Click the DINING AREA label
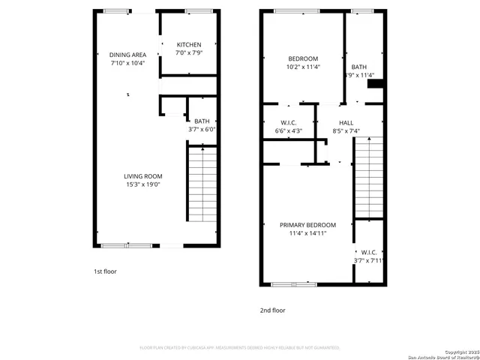coord(127,55)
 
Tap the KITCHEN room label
coord(188,45)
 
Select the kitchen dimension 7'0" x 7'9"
coord(188,53)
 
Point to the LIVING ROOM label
coord(142,176)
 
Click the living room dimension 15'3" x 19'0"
coord(142,184)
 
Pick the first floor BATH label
coord(202,121)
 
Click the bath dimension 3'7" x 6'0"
coord(202,130)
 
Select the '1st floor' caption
coord(104,271)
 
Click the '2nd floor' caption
coord(273,310)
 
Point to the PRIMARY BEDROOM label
coord(307,225)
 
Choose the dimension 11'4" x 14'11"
coord(307,233)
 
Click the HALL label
coord(346,123)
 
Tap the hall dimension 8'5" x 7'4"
coord(346,131)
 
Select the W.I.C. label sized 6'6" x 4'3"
coord(289,123)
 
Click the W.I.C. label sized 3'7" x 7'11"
coord(368,252)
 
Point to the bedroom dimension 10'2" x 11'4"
coord(303,67)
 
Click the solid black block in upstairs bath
coord(375,84)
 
